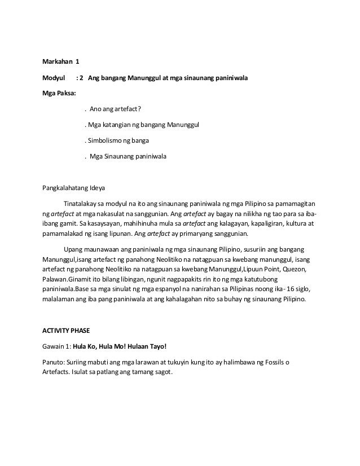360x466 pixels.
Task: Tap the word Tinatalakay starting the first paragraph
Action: [x=81, y=202]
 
